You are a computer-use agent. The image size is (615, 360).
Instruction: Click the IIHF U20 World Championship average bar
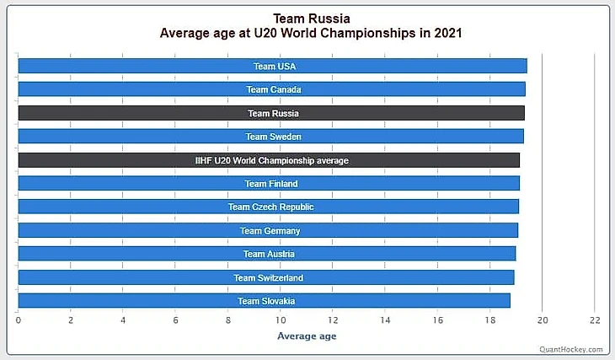(x=269, y=160)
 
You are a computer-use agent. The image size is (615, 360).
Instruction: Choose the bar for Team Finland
(x=269, y=184)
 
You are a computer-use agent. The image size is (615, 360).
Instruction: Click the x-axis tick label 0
(x=18, y=320)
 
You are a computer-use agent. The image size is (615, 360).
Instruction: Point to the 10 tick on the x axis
(x=280, y=320)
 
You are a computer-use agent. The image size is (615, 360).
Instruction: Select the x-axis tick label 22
(x=595, y=320)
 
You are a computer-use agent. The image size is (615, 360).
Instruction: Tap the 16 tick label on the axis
(x=437, y=320)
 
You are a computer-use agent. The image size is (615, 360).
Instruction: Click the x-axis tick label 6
(x=175, y=320)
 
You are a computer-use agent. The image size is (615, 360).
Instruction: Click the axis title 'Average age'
(x=307, y=336)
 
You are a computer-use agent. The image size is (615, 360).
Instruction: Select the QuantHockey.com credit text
(x=572, y=349)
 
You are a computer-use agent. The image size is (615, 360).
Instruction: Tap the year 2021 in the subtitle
(x=444, y=34)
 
